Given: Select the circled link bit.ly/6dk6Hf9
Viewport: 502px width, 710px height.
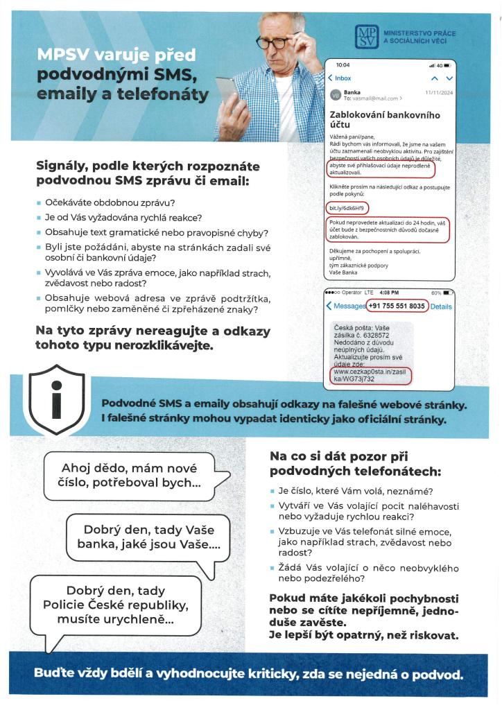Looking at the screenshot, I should (347, 208).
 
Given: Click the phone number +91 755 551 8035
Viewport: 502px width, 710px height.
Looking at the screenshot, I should (397, 306).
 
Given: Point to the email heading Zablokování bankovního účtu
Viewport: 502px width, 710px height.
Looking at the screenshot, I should (385, 118).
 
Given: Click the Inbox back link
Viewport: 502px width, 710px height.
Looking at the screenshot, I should (340, 78).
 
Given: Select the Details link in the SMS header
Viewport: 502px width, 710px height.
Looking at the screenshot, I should (441, 306).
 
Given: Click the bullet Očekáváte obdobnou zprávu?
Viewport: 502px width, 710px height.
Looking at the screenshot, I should (124, 202).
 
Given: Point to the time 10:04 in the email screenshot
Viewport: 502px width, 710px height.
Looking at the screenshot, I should (343, 64).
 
